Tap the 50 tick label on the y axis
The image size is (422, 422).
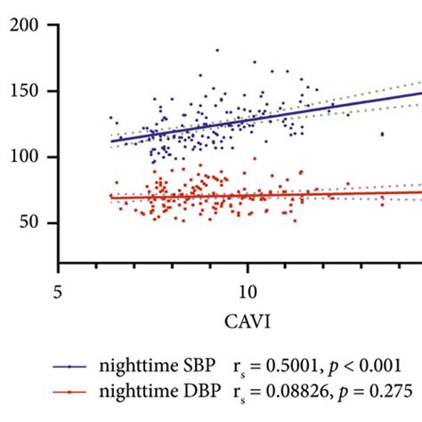[37, 223]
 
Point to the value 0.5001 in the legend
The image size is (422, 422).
[294, 365]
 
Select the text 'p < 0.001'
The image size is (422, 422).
[367, 365]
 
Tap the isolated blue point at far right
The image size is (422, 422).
[382, 134]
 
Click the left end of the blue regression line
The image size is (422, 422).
[110, 141]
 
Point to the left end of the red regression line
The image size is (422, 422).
[110, 198]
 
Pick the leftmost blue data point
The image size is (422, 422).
[110, 118]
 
